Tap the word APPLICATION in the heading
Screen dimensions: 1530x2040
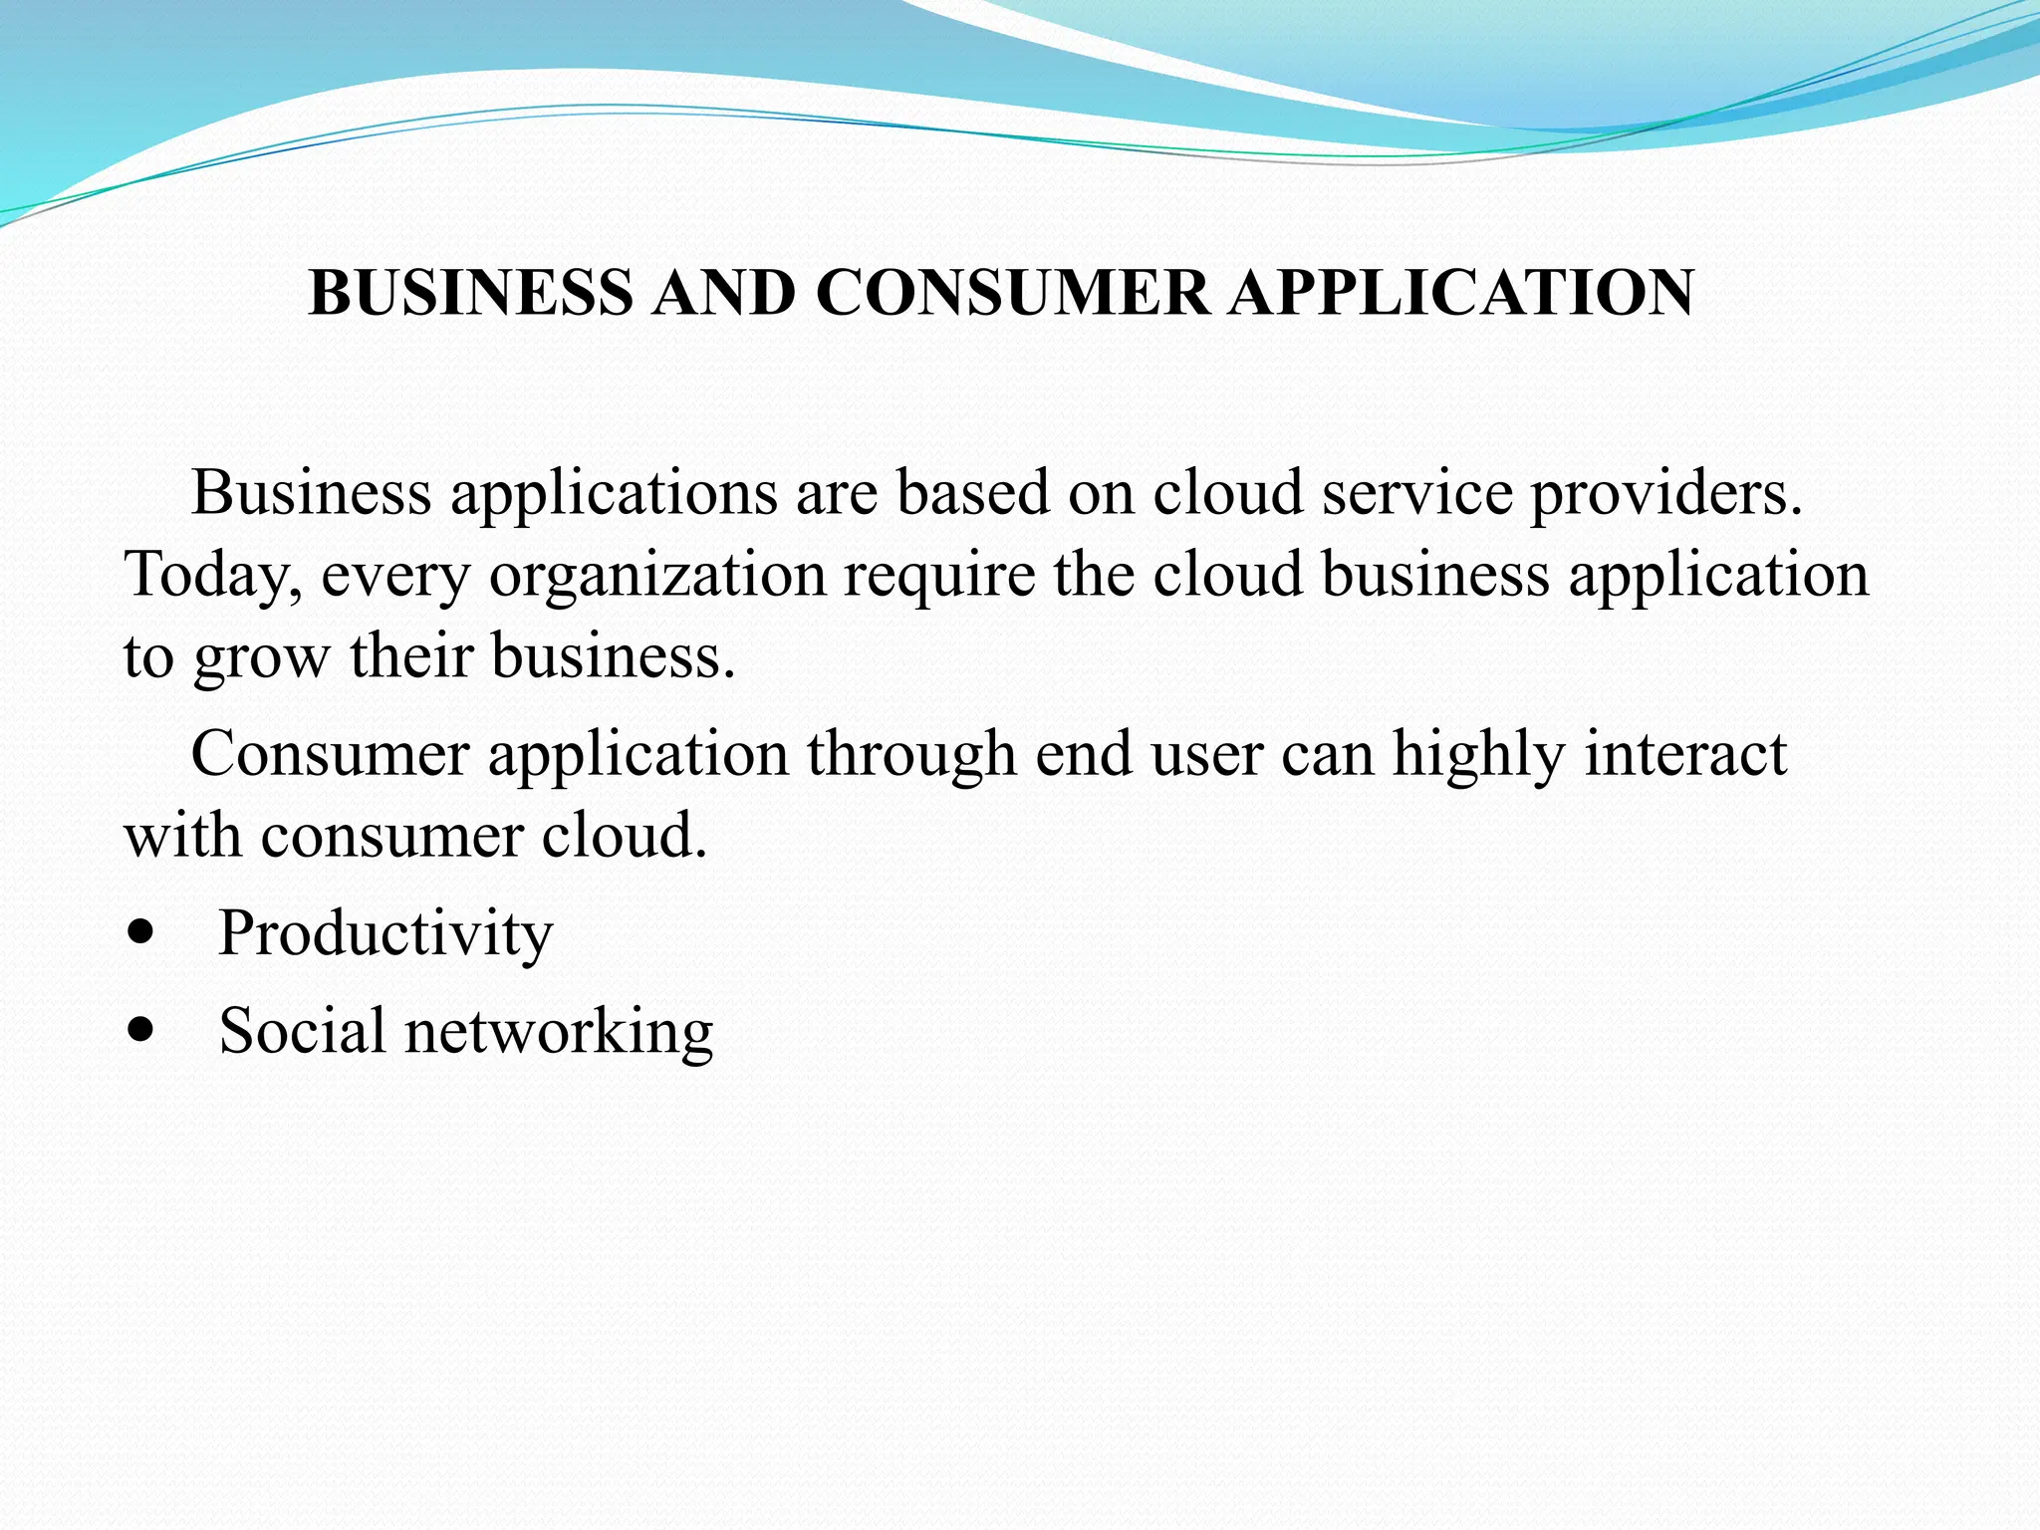click(1460, 293)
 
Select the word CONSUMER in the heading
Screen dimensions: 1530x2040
click(1012, 293)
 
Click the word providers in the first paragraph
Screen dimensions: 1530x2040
click(1665, 494)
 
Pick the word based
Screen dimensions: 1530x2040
click(972, 492)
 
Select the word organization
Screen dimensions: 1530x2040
click(657, 576)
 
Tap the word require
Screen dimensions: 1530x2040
click(939, 576)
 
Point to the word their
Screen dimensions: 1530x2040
click(410, 656)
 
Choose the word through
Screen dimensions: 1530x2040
click(911, 755)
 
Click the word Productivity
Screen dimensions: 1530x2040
click(385, 934)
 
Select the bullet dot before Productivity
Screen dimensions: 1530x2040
click(141, 934)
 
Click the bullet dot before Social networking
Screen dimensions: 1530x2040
click(141, 1031)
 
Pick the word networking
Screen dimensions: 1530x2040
click(559, 1032)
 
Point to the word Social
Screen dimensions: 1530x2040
click(302, 1030)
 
